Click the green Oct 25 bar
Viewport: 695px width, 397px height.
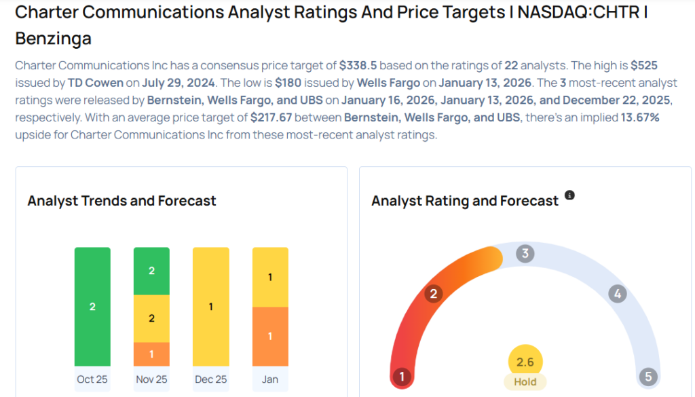[92, 306]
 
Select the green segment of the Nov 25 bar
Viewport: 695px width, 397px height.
[151, 271]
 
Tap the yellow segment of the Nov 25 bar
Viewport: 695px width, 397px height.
[151, 318]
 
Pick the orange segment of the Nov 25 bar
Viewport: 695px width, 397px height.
[151, 354]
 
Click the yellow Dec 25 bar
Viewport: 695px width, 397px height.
[210, 306]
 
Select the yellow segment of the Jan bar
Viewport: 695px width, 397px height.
[270, 277]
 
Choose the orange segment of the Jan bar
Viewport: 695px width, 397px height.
[270, 336]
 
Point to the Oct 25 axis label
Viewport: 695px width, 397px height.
[92, 379]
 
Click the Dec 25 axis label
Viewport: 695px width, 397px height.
[210, 379]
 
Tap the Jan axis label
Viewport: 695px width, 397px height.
[270, 379]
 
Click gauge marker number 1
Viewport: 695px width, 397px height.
[402, 377]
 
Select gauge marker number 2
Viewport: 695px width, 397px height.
[432, 294]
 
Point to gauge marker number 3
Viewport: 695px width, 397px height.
[525, 254]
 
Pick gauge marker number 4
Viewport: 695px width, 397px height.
[617, 294]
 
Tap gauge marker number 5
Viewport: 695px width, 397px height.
[647, 377]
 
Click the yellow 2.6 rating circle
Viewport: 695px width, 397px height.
[525, 362]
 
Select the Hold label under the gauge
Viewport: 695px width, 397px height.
[525, 381]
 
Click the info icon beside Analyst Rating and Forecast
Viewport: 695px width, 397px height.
[569, 195]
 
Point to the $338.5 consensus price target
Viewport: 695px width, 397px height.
[358, 66]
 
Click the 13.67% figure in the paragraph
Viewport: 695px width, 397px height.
[640, 117]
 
